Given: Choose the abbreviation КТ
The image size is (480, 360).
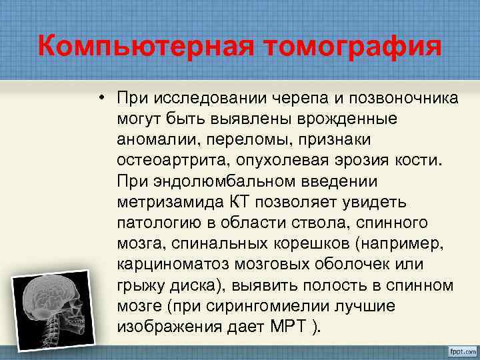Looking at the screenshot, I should click(242, 202).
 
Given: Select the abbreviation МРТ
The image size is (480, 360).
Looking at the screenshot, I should click(287, 326).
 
